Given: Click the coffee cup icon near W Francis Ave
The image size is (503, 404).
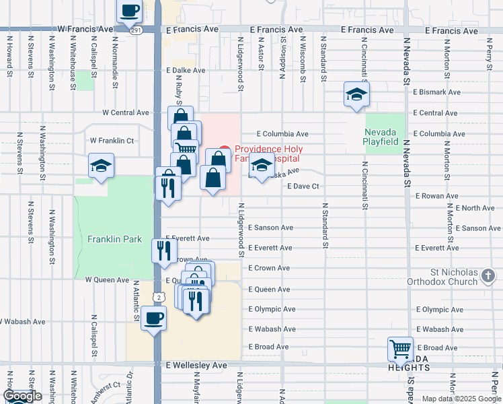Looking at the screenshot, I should tap(130, 10).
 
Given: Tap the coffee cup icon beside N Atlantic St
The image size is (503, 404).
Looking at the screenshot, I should tap(154, 317).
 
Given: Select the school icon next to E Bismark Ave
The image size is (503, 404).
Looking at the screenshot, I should tap(356, 94).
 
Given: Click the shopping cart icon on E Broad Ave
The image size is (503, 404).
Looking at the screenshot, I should tap(401, 348).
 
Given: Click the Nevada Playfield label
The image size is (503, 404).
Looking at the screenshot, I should tap(385, 137).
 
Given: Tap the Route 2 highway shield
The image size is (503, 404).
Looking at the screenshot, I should tap(157, 296).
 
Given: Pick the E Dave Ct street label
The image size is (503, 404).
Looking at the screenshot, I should tap(302, 186).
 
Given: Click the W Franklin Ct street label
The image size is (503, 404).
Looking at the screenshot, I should tap(112, 141).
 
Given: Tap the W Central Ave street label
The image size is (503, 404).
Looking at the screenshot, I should tap(125, 112).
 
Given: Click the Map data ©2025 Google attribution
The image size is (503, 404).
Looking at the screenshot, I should tap(461, 399).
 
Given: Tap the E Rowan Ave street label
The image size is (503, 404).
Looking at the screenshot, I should tap(436, 196).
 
